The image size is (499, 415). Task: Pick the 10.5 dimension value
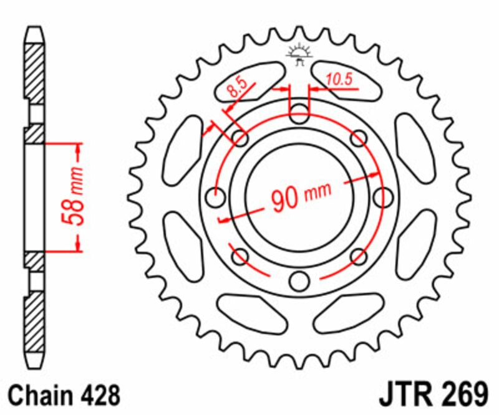(x=339, y=78)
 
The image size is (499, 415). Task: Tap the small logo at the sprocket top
(x=299, y=54)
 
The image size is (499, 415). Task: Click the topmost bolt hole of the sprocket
(x=299, y=114)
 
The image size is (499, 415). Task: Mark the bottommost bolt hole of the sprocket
(x=299, y=281)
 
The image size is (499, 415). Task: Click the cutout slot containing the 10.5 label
(x=347, y=80)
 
